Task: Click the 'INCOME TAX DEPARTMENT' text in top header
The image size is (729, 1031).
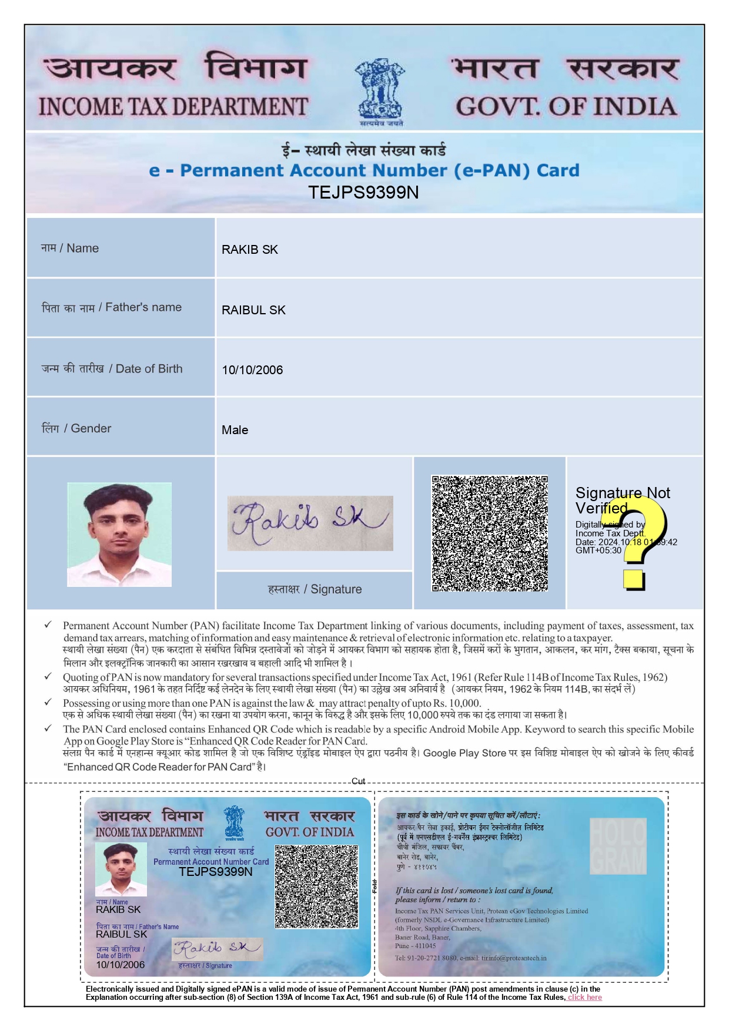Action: [x=173, y=107]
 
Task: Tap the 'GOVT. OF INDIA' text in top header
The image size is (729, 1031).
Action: [x=566, y=107]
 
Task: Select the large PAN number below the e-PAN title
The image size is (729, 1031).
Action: [x=363, y=193]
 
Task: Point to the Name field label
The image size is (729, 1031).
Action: [x=70, y=248]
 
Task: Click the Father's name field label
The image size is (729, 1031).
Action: [x=112, y=308]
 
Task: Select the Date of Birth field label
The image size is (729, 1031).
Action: [x=112, y=369]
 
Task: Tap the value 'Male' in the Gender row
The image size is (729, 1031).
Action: [x=235, y=430]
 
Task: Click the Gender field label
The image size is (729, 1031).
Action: [x=76, y=429]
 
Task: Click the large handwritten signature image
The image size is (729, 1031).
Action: [x=310, y=523]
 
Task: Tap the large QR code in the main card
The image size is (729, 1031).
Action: [x=490, y=533]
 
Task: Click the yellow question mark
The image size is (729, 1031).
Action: [x=640, y=543]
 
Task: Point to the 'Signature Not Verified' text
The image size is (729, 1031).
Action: [x=622, y=500]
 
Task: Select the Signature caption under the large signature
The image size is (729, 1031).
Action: [x=315, y=589]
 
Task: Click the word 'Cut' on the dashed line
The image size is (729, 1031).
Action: [x=358, y=781]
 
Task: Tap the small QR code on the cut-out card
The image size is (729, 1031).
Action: [x=316, y=886]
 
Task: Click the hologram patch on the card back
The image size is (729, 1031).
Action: [x=618, y=846]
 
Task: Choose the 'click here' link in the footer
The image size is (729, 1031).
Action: [x=584, y=997]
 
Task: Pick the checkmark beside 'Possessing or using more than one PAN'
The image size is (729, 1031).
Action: [x=48, y=703]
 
